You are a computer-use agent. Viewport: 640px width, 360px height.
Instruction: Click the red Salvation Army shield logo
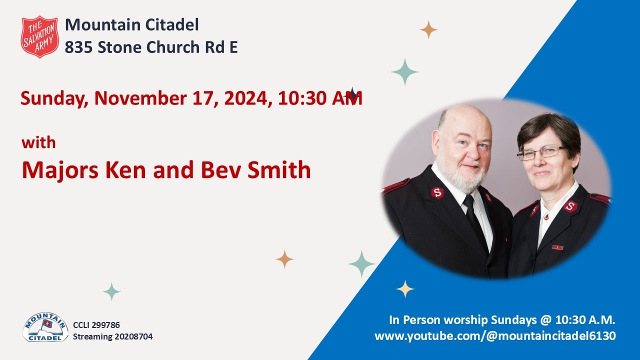coord(40,36)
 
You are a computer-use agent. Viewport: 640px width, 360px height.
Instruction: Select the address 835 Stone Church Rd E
coord(151,47)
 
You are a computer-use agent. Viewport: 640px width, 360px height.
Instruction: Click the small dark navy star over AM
coord(352,94)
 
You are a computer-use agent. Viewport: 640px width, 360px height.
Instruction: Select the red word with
coord(38,143)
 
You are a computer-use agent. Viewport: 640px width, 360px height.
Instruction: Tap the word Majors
coord(59,170)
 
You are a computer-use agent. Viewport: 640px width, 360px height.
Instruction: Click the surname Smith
coord(281,170)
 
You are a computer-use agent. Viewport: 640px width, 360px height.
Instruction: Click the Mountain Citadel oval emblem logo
coord(45,328)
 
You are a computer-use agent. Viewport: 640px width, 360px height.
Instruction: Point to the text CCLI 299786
coord(96,325)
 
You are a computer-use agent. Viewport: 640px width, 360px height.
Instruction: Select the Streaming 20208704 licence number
coord(112,336)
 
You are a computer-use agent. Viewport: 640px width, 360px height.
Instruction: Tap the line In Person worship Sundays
coord(502,320)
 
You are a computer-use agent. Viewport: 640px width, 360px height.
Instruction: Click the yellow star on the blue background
coord(404,288)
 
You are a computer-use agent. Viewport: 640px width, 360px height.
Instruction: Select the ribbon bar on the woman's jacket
coord(557,247)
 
